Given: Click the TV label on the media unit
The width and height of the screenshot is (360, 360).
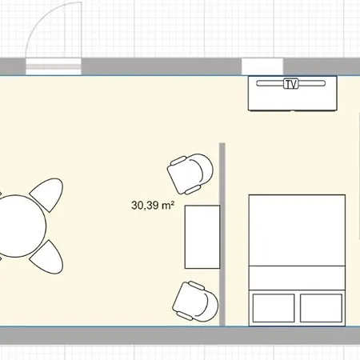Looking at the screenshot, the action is pos(290,84).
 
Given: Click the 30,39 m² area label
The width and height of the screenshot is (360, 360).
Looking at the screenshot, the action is pos(153,205).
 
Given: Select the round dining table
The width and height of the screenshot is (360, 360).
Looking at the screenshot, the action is pos(18,226).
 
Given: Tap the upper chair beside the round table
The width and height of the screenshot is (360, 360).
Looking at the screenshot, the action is pos(48,194).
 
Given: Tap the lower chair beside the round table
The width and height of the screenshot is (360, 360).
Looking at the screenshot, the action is pos(48,258).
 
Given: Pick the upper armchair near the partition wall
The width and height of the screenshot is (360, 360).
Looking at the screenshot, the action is pos(190,174).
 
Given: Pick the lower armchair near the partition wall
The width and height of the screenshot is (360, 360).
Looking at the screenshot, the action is pos(195,301).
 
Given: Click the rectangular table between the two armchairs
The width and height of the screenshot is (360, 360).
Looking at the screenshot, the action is pos(202,237).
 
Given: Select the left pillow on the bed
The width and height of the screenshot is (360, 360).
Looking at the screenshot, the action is pos(274,308).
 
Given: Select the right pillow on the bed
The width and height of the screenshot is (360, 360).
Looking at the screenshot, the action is pos(321,308).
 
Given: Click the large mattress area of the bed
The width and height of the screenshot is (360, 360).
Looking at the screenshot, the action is pos(297,230).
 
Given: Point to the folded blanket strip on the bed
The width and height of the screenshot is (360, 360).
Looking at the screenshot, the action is pos(297,278).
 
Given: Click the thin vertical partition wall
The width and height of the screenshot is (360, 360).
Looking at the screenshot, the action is pos(222,234).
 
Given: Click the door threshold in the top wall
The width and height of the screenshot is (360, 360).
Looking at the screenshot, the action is pos(54,66).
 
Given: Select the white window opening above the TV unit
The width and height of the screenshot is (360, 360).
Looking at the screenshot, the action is pos(262,66).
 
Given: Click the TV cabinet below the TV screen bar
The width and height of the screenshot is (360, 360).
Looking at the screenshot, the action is pos(293,98).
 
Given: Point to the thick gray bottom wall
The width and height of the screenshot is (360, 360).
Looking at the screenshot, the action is pos(180,335).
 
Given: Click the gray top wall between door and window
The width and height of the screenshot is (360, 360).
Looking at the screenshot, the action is pos(162,66).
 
